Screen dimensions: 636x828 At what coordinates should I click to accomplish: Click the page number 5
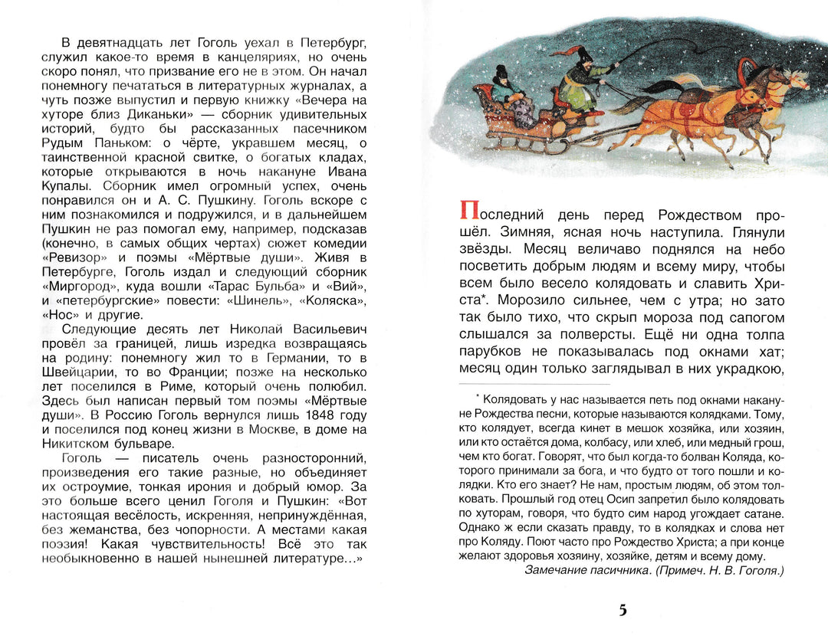(x=622, y=610)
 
